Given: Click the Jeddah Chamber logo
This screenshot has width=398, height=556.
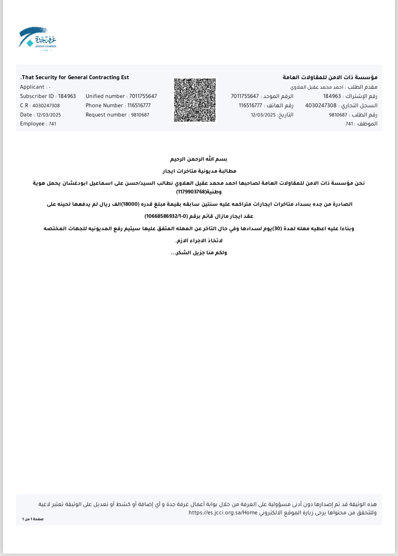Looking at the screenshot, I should [x=37, y=39].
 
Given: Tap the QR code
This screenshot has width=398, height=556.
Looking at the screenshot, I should [x=195, y=100].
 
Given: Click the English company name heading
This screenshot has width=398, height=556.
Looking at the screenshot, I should [x=75, y=77].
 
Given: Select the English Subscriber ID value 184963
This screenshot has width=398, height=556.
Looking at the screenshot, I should [x=67, y=96].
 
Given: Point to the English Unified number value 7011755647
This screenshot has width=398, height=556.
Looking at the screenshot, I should [x=143, y=96].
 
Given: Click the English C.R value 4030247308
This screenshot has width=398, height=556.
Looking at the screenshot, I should [x=46, y=106].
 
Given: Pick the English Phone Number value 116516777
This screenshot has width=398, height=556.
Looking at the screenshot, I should [x=139, y=105].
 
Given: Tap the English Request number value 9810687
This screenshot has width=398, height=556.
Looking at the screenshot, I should [x=140, y=115].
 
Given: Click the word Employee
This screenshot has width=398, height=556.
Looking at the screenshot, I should [x=32, y=124].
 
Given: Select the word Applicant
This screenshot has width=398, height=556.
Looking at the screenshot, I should [x=32, y=87].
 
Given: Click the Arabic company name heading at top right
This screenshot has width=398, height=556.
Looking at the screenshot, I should [x=330, y=77].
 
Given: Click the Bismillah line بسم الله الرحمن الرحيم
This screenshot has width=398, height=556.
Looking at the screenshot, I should [x=199, y=159].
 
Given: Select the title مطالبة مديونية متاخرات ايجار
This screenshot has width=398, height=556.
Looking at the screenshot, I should [x=199, y=171].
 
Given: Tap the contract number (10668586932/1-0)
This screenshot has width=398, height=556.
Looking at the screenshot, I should [x=167, y=216].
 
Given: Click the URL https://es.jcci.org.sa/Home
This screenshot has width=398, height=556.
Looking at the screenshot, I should [x=223, y=513].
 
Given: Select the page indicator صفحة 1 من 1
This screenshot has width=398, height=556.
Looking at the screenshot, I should [x=33, y=519].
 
